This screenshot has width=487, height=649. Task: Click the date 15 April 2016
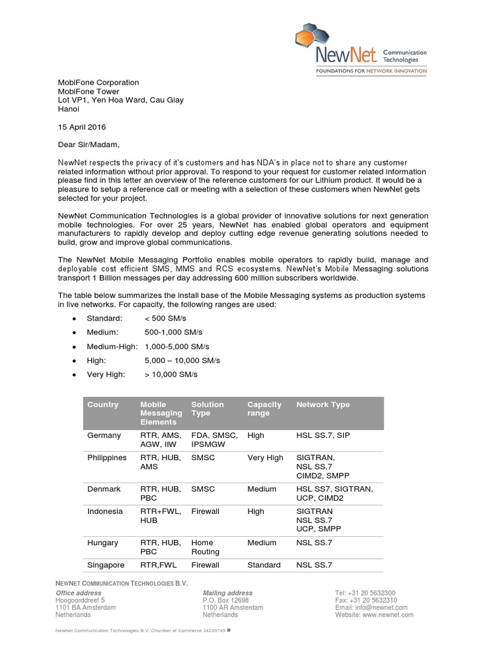pos(81,127)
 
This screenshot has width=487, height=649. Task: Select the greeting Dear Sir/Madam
pos(88,145)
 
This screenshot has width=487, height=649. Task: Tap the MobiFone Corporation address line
pos(98,82)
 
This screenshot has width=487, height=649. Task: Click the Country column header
pos(103,404)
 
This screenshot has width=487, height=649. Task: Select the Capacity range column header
pos(264,409)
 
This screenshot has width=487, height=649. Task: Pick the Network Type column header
pos(323,404)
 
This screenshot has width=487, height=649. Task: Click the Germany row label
pos(104,435)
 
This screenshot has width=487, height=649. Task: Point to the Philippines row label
pos(107,458)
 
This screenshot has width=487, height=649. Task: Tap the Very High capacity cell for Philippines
pos(265,458)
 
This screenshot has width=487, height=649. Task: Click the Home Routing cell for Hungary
pos(203,547)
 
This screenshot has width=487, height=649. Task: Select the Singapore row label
pos(106,565)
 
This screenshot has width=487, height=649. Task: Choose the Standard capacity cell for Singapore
pos(264,565)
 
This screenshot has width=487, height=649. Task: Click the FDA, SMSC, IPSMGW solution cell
pos(215,440)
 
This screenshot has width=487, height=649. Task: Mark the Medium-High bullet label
pos(112,347)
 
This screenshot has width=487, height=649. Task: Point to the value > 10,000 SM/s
pos(171,375)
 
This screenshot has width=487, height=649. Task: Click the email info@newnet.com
pos(374,608)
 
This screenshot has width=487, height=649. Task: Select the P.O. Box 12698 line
pos(226,600)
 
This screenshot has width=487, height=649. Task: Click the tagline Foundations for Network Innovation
pos(371,72)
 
